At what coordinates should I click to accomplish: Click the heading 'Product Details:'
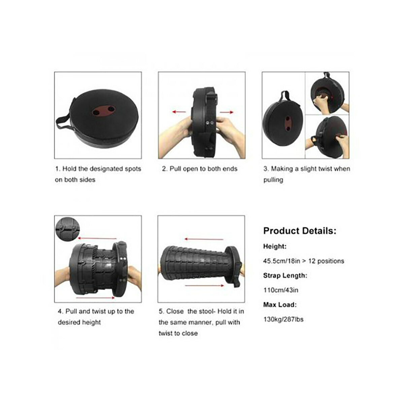click(300, 231)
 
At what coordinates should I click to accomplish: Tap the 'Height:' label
click(275, 246)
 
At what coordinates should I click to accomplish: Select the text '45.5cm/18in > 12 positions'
click(304, 261)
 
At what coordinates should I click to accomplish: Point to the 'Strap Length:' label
click(285, 275)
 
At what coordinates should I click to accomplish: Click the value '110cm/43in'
click(281, 290)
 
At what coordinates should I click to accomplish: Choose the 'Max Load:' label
click(280, 305)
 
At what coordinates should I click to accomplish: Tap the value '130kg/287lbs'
click(283, 319)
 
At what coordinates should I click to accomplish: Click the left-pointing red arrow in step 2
click(179, 112)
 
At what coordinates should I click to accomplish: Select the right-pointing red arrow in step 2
click(227, 112)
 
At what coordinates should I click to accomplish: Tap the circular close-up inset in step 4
click(67, 229)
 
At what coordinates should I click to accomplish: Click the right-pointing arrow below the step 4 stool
click(95, 298)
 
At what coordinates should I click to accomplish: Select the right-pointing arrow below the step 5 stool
click(205, 285)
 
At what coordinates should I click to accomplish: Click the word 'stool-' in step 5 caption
click(207, 311)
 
